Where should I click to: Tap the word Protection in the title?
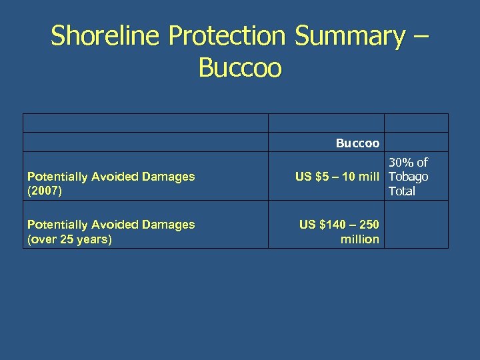[227, 36]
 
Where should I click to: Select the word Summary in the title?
[349, 36]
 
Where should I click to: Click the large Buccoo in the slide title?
[240, 68]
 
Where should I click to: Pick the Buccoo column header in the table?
[357, 143]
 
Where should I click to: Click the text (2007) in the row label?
[43, 191]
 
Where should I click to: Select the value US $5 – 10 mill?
[338, 177]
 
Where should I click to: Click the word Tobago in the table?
[408, 177]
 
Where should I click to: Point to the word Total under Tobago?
[401, 191]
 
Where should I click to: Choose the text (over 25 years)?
[69, 239]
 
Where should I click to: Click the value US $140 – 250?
[339, 225]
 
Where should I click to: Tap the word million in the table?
[360, 239]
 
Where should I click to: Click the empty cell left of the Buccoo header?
[145, 143]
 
